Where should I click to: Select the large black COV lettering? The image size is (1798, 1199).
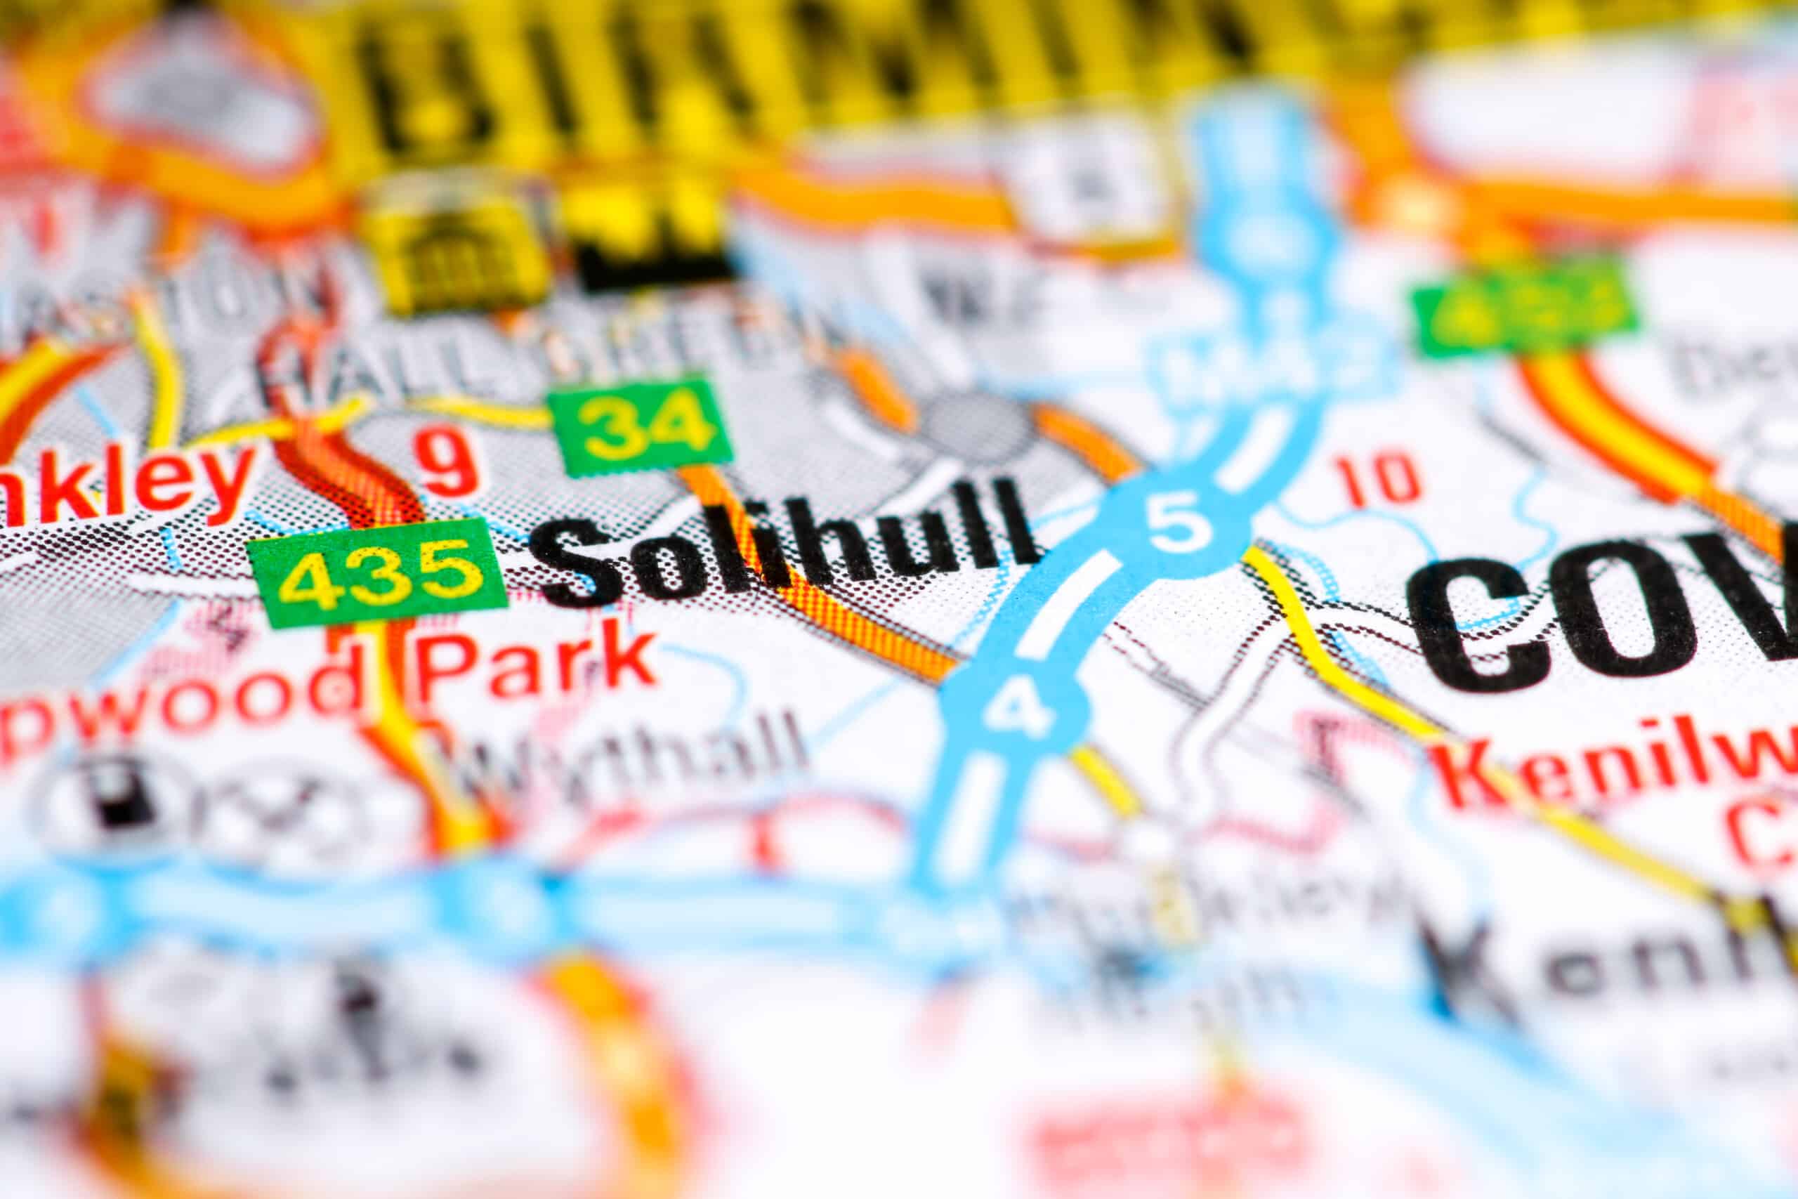(1598, 612)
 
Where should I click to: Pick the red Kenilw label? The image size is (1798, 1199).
(1613, 776)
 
